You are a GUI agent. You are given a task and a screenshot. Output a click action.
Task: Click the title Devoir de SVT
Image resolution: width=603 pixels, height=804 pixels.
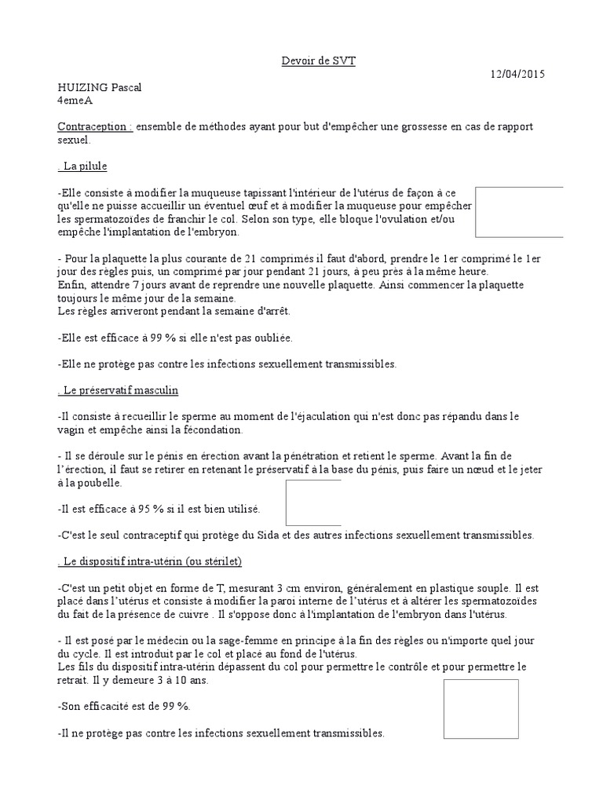pyautogui.click(x=319, y=60)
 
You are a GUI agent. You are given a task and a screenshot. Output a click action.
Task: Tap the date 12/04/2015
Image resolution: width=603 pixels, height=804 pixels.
pyautogui.click(x=517, y=74)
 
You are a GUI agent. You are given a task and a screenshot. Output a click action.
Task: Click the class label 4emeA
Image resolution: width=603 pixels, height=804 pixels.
pyautogui.click(x=75, y=100)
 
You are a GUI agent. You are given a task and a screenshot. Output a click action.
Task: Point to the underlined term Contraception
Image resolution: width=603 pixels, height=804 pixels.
pyautogui.click(x=94, y=127)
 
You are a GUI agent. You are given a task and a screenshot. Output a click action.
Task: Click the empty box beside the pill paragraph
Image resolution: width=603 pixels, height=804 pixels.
pyautogui.click(x=520, y=212)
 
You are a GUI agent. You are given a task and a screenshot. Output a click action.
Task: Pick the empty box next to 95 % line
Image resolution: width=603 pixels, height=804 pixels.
pyautogui.click(x=313, y=502)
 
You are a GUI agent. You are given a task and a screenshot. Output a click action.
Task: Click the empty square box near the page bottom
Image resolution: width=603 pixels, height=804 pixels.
pyautogui.click(x=481, y=709)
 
